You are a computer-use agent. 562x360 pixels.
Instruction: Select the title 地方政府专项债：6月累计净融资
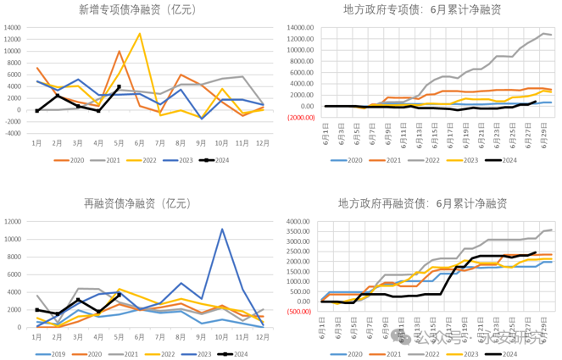[x=421, y=10]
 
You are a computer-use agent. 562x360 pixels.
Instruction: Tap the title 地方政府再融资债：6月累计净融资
[x=421, y=204]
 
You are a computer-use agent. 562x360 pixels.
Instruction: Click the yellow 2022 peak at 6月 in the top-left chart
[x=140, y=34]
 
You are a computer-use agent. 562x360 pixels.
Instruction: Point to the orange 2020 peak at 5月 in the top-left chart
[x=120, y=52]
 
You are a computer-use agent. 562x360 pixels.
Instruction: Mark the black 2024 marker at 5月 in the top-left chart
[x=120, y=86]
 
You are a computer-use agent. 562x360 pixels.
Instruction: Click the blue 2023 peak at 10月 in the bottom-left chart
[x=222, y=230]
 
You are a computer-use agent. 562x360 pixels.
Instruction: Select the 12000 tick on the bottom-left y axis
[x=14, y=222]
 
